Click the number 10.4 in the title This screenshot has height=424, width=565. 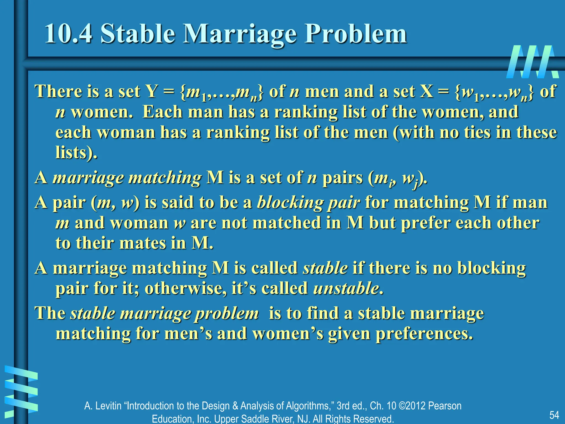pos(68,34)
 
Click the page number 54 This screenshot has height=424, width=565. pos(554,415)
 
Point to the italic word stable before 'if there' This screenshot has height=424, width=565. pos(325,268)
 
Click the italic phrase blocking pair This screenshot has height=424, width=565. pos(308,203)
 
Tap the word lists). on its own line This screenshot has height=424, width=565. pos(76,152)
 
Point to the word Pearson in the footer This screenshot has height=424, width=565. pos(445,406)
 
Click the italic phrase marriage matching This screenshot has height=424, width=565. pos(127,177)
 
